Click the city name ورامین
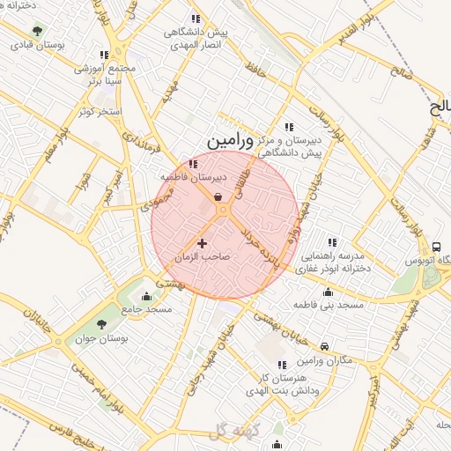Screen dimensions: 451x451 pyautogui.click(x=230, y=141)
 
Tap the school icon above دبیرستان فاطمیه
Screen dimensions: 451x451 pyautogui.click(x=194, y=163)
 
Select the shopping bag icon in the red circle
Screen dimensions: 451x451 pyautogui.click(x=217, y=197)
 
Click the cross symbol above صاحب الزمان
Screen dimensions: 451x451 pyautogui.click(x=203, y=243)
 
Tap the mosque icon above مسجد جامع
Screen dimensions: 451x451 pyautogui.click(x=146, y=296)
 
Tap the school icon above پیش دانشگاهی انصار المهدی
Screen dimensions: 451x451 pyautogui.click(x=195, y=18)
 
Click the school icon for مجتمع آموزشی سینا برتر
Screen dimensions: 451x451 pyautogui.click(x=105, y=55)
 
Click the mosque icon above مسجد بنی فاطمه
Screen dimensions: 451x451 pyautogui.click(x=329, y=292)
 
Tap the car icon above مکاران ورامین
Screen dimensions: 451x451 pyautogui.click(x=325, y=347)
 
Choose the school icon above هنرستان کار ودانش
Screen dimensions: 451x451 pyautogui.click(x=282, y=365)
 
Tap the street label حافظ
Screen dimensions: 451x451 pyautogui.click(x=255, y=67)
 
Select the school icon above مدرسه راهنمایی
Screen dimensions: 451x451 pyautogui.click(x=332, y=241)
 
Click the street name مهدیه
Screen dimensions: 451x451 pyautogui.click(x=170, y=91)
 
